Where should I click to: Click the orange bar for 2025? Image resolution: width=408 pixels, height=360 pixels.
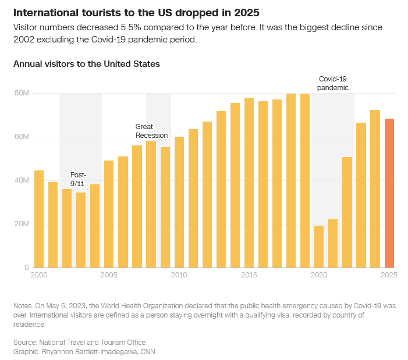(389, 193)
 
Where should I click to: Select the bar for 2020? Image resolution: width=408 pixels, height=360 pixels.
(319, 247)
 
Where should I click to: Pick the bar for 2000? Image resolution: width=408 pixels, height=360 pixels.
(39, 219)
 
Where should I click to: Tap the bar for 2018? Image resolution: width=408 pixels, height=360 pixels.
(291, 181)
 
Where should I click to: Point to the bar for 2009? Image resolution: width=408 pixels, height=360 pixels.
(165, 208)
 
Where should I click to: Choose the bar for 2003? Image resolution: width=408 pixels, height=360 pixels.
(81, 230)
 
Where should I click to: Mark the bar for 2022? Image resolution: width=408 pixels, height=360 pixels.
(347, 212)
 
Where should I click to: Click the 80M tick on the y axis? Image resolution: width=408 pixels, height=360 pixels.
(22, 93)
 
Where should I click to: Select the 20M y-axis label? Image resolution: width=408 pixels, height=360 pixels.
(22, 224)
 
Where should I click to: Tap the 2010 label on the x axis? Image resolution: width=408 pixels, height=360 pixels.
(179, 275)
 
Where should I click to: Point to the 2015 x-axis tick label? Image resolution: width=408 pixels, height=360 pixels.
(249, 275)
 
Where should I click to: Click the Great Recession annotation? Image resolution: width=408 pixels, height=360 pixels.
(151, 131)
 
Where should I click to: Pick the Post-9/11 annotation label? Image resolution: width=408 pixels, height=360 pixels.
(78, 179)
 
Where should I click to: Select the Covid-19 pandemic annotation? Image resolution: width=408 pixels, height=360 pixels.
(333, 83)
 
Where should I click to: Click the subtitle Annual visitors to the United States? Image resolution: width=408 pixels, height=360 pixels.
(87, 64)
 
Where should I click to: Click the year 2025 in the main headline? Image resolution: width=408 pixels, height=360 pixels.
(247, 13)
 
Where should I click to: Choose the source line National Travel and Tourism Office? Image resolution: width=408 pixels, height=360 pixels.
(93, 343)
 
